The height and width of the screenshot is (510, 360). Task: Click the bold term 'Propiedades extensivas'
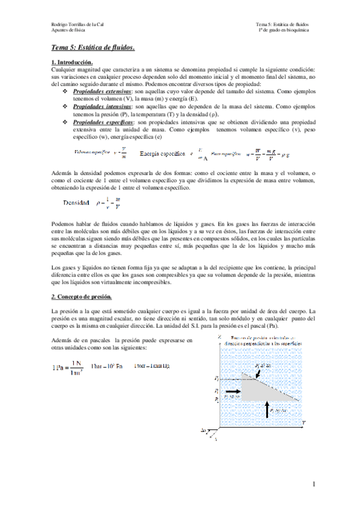point(102,91)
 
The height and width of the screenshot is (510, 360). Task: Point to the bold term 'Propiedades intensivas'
point(101,105)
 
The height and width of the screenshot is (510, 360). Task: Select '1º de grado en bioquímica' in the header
point(283,29)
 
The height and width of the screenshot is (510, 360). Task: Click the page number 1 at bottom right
point(313,484)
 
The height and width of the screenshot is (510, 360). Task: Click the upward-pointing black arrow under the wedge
point(267,409)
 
